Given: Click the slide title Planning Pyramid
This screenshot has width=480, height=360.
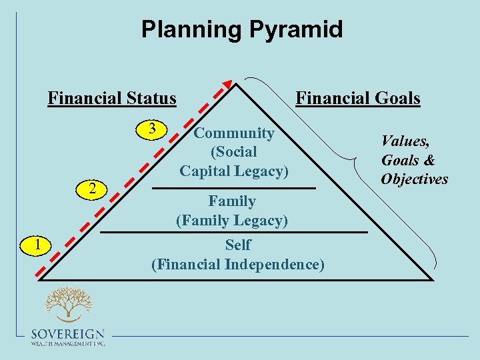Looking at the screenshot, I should [x=241, y=29].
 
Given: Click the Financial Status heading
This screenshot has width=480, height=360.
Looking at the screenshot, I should [x=112, y=99].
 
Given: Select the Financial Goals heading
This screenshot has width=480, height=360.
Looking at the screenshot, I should [x=357, y=99].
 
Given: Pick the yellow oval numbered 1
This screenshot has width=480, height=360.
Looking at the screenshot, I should [x=39, y=245].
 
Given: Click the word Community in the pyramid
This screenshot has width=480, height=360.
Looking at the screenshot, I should [x=233, y=133].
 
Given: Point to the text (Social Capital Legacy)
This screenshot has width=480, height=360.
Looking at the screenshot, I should [x=233, y=162].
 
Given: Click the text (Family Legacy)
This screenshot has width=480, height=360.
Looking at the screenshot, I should [x=231, y=220].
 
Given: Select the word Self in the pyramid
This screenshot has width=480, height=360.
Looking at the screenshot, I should [x=238, y=245].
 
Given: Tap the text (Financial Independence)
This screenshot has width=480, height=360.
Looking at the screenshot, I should [x=238, y=264].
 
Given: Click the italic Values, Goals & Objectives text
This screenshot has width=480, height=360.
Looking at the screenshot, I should [x=414, y=159].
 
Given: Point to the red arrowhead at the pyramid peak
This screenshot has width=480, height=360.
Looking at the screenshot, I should [x=227, y=85].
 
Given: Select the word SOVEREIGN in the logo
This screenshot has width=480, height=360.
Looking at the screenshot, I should [x=68, y=334].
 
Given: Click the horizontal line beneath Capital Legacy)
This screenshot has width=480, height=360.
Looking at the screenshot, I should [x=233, y=189].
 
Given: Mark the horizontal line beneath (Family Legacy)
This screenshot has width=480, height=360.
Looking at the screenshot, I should [x=233, y=232].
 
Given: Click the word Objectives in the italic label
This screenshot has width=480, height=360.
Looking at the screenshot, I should [x=414, y=179].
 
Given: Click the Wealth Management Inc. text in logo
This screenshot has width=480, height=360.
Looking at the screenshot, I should [x=68, y=343].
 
